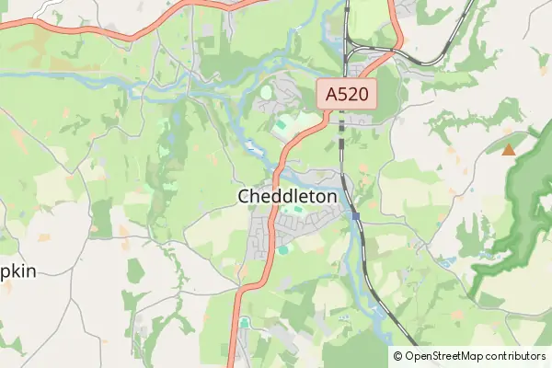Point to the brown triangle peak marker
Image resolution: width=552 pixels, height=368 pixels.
(x=509, y=149)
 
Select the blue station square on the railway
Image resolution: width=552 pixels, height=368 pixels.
(x=355, y=215)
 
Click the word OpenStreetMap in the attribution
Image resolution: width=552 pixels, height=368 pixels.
(x=444, y=356)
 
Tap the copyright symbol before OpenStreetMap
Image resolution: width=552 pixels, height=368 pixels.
(x=398, y=356)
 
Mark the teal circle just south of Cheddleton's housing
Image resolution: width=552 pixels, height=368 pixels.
(x=282, y=248)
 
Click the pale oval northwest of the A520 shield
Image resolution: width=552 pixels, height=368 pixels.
(x=267, y=92)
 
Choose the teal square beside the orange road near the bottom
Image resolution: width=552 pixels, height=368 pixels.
(x=244, y=322)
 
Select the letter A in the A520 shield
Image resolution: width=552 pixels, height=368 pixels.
(x=330, y=93)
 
